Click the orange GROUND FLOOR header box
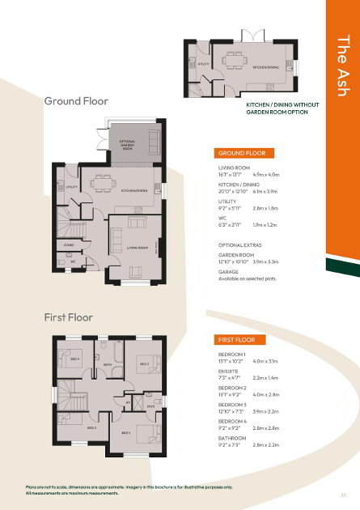click(244, 153)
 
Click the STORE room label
click(70, 244)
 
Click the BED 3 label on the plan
click(91, 427)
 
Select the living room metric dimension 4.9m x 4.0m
click(266, 174)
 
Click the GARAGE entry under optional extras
click(230, 273)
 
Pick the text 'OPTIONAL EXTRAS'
click(239, 244)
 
